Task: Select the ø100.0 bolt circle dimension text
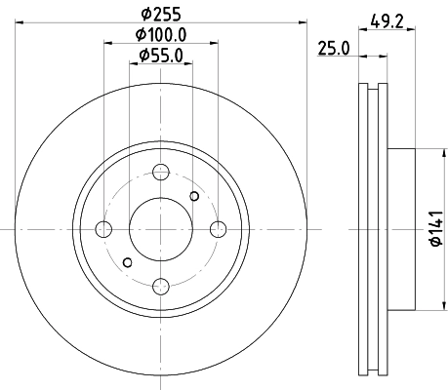coord(162,37)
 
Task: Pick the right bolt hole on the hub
coord(219,229)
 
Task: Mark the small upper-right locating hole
coord(194,197)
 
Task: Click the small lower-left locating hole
coord(128,261)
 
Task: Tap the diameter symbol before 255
coord(144,14)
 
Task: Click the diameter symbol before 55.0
coord(143,57)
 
